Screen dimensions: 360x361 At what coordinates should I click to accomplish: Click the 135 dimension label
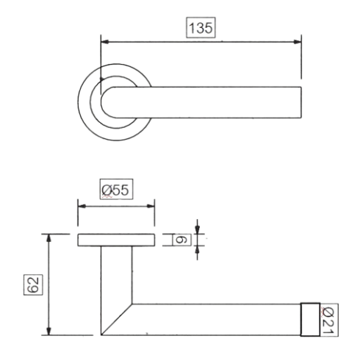point(201,28)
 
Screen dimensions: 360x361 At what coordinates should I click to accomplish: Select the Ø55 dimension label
point(115,190)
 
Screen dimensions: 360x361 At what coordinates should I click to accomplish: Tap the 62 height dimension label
point(33,285)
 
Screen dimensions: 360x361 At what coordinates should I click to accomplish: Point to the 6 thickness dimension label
point(181,240)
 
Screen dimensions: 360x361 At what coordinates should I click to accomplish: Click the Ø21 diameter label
point(328,320)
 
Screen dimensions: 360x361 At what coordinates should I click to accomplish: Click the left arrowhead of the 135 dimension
point(105,42)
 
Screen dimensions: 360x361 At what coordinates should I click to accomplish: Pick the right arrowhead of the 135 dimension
point(298,42)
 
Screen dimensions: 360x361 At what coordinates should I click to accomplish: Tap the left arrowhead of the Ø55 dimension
point(82,206)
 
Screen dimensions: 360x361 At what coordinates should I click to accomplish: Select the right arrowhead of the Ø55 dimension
point(151,206)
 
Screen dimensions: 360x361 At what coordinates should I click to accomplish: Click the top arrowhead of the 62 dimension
point(49,238)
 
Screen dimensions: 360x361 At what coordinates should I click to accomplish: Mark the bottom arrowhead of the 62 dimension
point(49,331)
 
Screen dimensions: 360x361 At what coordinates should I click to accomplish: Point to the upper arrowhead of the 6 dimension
point(198,230)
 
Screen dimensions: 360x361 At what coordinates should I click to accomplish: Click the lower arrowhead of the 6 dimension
point(198,250)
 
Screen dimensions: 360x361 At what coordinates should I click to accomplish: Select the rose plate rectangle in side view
point(116,240)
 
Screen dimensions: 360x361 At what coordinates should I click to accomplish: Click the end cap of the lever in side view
point(310,320)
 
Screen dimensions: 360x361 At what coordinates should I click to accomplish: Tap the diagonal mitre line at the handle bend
point(117,320)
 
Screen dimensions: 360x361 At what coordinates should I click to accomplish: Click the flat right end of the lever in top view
point(301,102)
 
